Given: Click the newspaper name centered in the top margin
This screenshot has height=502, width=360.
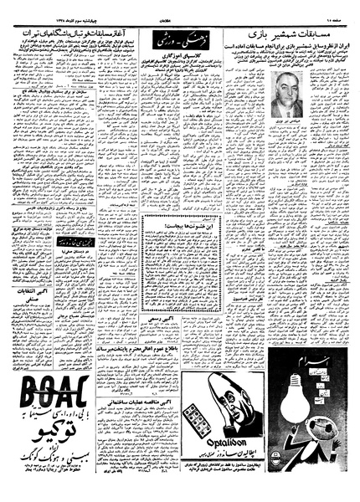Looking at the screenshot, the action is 180,8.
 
